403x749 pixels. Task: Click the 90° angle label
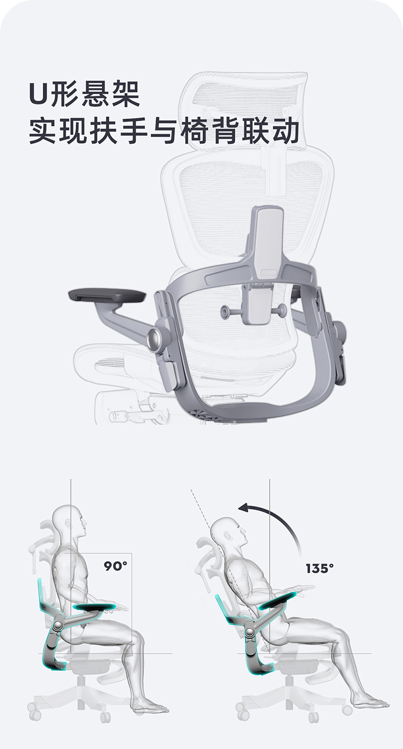coord(115,566)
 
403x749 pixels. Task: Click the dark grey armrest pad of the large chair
coord(108,296)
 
